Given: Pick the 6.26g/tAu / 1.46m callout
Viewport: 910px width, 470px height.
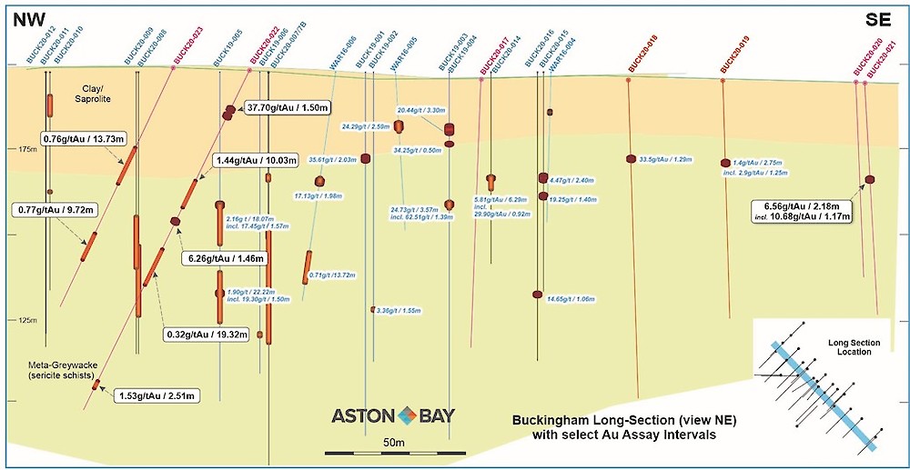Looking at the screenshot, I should [225, 258].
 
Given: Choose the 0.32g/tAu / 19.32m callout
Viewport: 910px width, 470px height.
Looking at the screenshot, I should [208, 334].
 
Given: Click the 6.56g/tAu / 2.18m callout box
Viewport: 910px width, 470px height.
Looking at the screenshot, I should [802, 212].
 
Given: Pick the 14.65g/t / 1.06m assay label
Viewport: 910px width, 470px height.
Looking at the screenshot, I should [571, 298].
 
